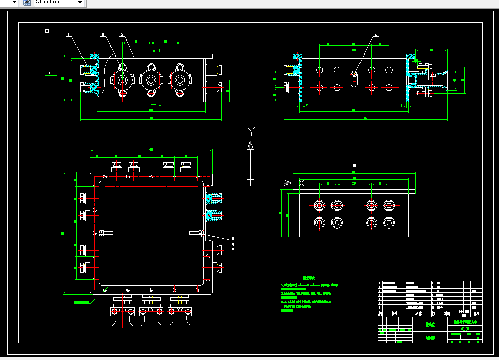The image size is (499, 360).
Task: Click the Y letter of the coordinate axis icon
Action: pos(251,131)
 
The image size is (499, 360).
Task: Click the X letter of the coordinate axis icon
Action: pos(301,183)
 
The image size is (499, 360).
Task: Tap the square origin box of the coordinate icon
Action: pos(251,183)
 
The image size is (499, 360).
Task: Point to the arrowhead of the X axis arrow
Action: pos(287,183)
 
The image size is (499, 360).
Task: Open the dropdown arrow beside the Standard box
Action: pos(80,2)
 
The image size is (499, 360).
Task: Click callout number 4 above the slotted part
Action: pos(376,36)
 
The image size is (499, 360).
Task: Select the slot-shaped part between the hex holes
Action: pos(354,78)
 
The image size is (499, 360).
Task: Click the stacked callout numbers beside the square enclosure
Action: pos(233,244)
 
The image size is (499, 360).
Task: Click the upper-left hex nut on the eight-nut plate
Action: pos(319,205)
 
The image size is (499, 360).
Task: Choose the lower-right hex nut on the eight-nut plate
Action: pos(389,223)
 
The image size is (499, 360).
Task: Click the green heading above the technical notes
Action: pos(309,278)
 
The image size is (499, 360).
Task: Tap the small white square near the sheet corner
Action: pos(47,31)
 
